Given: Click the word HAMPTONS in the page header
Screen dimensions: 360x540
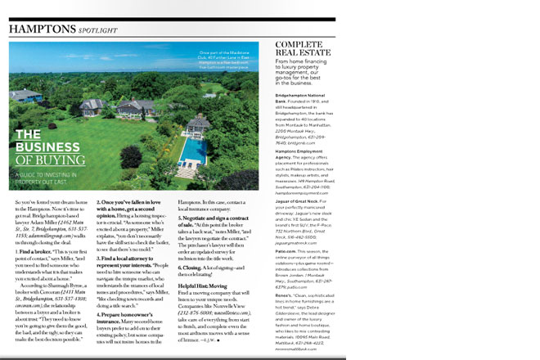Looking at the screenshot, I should (39, 29).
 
